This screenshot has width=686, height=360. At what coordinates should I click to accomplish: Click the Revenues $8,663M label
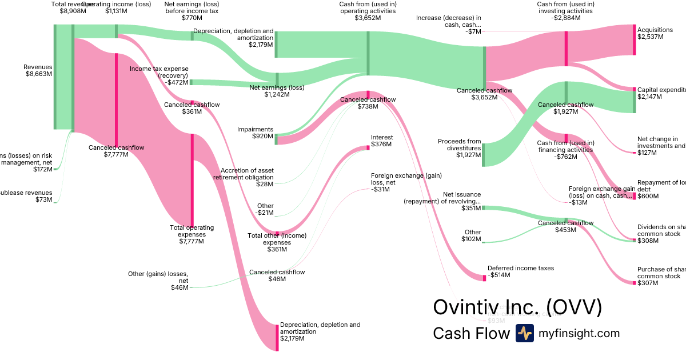click(38, 70)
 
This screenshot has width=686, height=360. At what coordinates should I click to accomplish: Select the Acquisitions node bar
click(634, 40)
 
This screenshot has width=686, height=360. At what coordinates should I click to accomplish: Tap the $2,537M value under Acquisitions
click(651, 37)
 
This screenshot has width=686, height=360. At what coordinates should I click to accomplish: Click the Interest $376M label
click(381, 141)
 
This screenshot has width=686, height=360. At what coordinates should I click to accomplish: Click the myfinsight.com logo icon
click(524, 333)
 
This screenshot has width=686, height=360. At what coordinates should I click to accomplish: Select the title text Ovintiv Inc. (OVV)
click(517, 307)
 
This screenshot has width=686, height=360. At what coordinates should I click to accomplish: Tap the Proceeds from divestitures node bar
click(483, 155)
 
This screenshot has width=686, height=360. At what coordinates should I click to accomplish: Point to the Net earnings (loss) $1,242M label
click(277, 91)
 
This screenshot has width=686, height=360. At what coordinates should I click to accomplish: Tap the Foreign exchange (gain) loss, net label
click(406, 182)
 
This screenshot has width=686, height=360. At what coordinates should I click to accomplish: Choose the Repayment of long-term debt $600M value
click(648, 196)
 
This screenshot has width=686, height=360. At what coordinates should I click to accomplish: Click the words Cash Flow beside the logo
click(471, 333)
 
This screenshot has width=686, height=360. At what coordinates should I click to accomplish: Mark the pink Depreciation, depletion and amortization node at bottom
click(277, 337)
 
